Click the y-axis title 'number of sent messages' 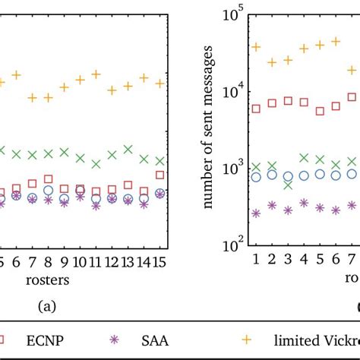pyautogui.click(x=207, y=129)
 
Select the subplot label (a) pyautogui.click(x=48, y=307)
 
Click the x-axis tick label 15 pyautogui.click(x=160, y=262)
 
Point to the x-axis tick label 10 pyautogui.click(x=80, y=262)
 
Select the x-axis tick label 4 pyautogui.click(x=304, y=262)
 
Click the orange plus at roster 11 pyautogui.click(x=96, y=74)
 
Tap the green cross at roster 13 pyautogui.click(x=128, y=149)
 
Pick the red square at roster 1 pyautogui.click(x=256, y=109)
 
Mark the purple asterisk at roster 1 pyautogui.click(x=256, y=213)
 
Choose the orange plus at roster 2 pyautogui.click(x=272, y=62)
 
